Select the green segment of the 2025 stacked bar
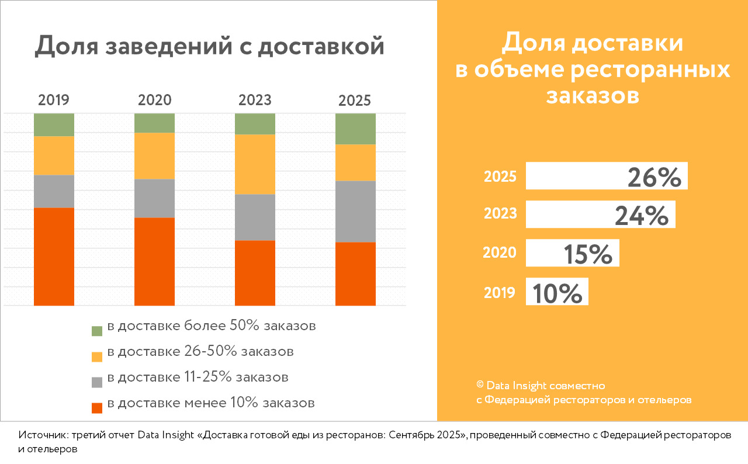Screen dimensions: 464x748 pyautogui.click(x=355, y=129)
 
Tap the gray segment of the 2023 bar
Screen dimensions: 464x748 pyautogui.click(x=255, y=217)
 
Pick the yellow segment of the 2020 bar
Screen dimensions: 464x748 pyautogui.click(x=154, y=155)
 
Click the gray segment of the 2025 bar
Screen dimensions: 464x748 pyautogui.click(x=355, y=211)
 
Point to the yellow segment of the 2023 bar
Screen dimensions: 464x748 pyautogui.click(x=255, y=164)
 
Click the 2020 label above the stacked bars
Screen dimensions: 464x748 pyautogui.click(x=154, y=100)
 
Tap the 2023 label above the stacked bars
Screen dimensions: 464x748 pyautogui.click(x=255, y=100)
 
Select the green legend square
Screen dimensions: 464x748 pyautogui.click(x=97, y=330)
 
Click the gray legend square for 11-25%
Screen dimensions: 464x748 pyautogui.click(x=97, y=382)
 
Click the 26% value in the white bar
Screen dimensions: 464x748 pyautogui.click(x=654, y=177)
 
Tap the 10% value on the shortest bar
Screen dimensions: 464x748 pyautogui.click(x=557, y=293)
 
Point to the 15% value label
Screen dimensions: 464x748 pyautogui.click(x=588, y=254)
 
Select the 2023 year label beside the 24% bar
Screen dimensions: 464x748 pyautogui.click(x=500, y=214)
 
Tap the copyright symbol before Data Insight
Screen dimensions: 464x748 pyautogui.click(x=480, y=385)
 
